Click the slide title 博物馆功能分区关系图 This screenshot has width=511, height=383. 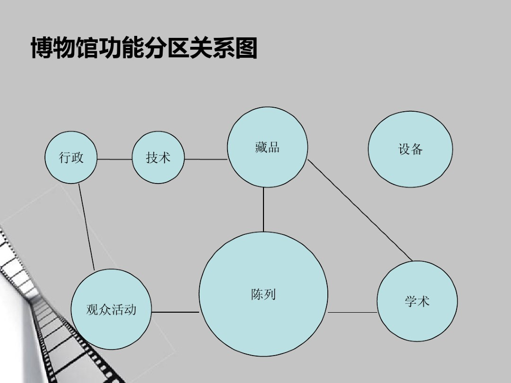pos(144,48)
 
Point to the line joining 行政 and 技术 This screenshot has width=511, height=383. pos(114,159)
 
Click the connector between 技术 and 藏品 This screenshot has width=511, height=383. pos(206,160)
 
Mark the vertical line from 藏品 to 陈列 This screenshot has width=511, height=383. pos(263,209)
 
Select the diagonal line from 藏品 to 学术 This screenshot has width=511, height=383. pos(359,209)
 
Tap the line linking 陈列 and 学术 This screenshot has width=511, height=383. pos(352,313)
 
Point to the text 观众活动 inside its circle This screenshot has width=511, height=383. pos(111,310)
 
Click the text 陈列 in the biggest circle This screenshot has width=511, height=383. pos(263,294)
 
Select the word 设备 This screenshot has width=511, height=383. pos(410,149)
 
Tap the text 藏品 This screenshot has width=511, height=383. pos(267,147)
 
